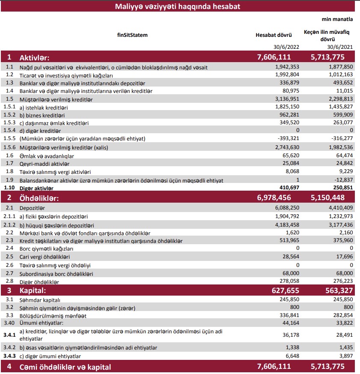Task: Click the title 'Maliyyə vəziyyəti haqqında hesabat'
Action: tap(178, 6)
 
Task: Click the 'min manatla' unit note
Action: tap(337, 19)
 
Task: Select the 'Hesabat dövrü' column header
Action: tap(274, 35)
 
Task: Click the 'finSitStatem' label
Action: tap(132, 35)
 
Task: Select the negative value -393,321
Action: tap(286, 139)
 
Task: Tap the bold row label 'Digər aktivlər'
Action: tap(36, 188)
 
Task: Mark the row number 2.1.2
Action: tap(9, 225)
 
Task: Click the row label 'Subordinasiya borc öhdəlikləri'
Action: tap(57, 274)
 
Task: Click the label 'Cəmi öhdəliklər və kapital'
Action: tap(65, 367)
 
